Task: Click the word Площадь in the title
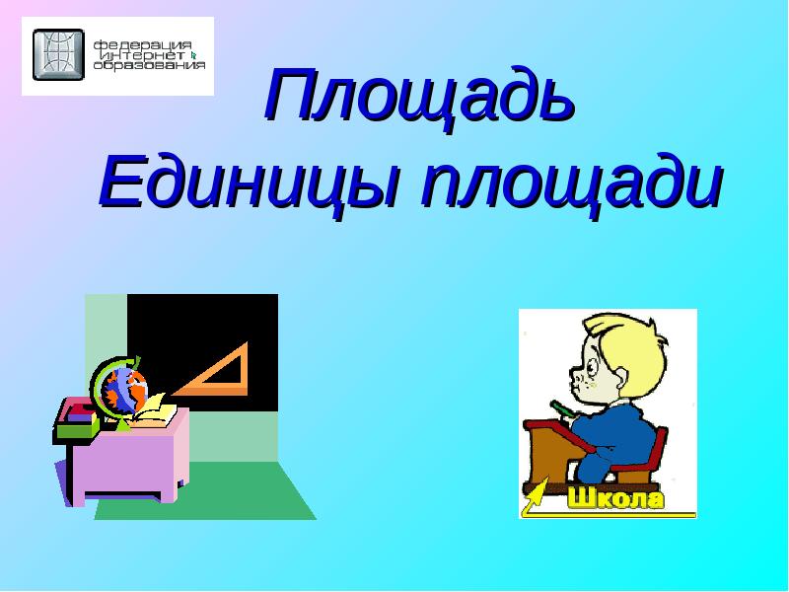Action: pyautogui.click(x=419, y=96)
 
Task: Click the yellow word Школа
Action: pyautogui.click(x=615, y=498)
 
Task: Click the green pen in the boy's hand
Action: pyautogui.click(x=562, y=408)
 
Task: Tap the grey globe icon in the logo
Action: pyautogui.click(x=58, y=54)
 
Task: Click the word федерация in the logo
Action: pyautogui.click(x=142, y=45)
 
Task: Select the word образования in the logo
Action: pyautogui.click(x=150, y=65)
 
